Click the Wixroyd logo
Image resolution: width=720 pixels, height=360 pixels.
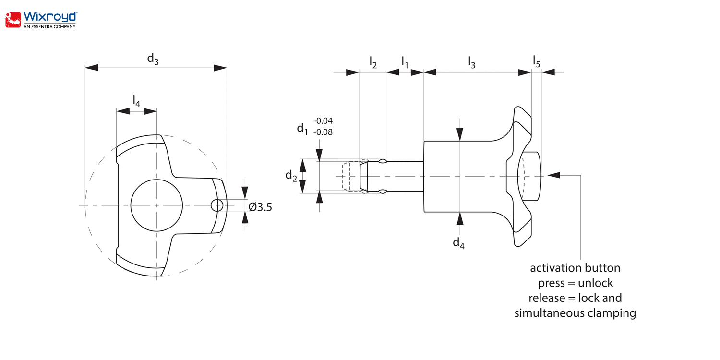tap(41, 20)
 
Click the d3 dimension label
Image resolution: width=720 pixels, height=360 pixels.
tap(153, 59)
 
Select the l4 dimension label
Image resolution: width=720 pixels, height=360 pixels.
tap(137, 101)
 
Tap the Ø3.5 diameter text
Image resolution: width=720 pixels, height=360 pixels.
tap(260, 207)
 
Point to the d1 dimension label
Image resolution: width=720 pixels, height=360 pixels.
tap(302, 129)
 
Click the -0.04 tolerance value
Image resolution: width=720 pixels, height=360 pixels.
tap(323, 121)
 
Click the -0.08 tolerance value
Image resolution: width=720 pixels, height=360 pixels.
tap(323, 132)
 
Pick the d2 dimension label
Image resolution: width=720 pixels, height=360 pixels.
tap(291, 176)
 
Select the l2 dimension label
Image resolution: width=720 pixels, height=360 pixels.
tap(373, 62)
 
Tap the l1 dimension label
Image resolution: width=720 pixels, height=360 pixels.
tap(405, 62)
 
